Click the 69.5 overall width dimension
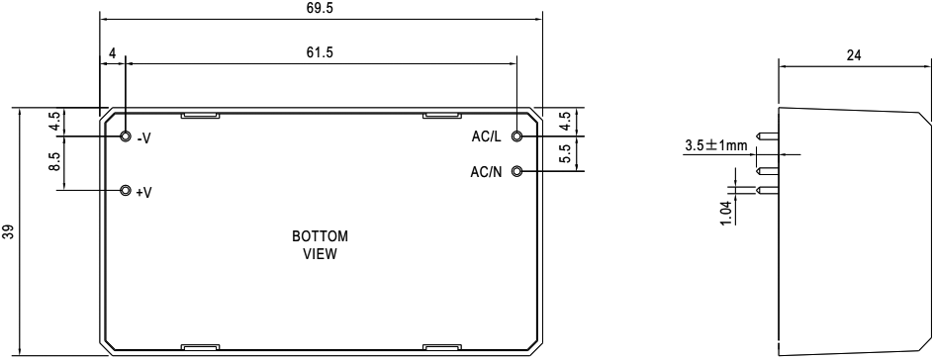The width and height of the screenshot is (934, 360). (321, 8)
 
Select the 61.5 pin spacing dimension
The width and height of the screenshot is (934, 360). (321, 52)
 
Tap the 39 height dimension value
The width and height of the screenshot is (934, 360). (7, 231)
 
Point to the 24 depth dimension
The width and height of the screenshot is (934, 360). (854, 56)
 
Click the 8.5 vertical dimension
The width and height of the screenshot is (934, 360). (54, 162)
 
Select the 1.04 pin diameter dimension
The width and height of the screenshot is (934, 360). (725, 213)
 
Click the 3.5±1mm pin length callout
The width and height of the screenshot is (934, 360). (716, 145)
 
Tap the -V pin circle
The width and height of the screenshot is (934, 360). (125, 136)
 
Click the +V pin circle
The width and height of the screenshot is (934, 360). (125, 191)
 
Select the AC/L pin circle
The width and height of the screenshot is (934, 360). (517, 136)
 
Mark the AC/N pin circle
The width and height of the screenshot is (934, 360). (517, 171)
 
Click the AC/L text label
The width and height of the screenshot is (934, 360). (486, 136)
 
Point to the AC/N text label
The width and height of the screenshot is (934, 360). (486, 172)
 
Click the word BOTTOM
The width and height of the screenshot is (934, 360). (320, 236)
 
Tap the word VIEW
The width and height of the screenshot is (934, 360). (320, 255)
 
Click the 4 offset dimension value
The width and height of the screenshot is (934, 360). (112, 53)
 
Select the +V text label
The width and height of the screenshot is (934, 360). (143, 192)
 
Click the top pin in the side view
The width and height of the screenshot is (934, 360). (767, 136)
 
